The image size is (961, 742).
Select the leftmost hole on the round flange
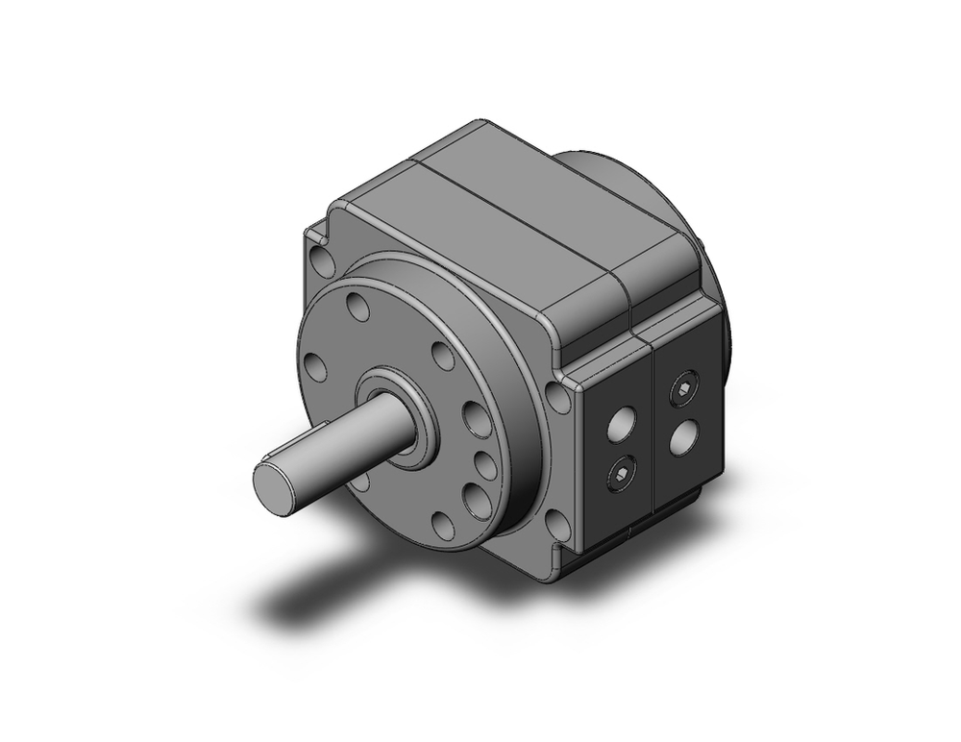pyautogui.click(x=314, y=366)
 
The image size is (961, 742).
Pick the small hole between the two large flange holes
pyautogui.click(x=486, y=465)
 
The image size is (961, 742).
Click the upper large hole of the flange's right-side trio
pyautogui.click(x=477, y=420)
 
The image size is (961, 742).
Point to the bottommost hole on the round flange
pyautogui.click(x=443, y=524)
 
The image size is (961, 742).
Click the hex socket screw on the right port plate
pyautogui.click(x=684, y=387)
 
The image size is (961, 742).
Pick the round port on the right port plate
pyautogui.click(x=684, y=439)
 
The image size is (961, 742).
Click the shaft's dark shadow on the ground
pyautogui.click(x=308, y=601)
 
